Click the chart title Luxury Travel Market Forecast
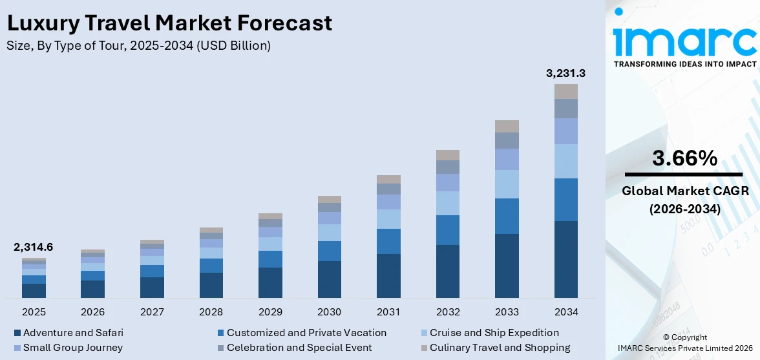pos(169,23)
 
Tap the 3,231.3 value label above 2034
pos(565,73)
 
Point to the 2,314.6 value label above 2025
pos(34,247)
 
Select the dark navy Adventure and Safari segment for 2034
pos(565,259)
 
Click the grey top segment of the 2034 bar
pos(565,91)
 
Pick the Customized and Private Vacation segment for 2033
pos(507,216)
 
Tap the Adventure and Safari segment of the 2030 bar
pos(329,279)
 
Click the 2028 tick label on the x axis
pos(211,312)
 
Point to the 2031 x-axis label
pos(388,312)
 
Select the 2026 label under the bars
pos(93,312)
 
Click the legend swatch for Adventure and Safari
pos(17,334)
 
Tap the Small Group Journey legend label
pos(72,348)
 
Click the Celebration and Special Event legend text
pos(299,348)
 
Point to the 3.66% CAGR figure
pos(684,158)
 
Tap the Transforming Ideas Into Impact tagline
pos(684,64)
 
